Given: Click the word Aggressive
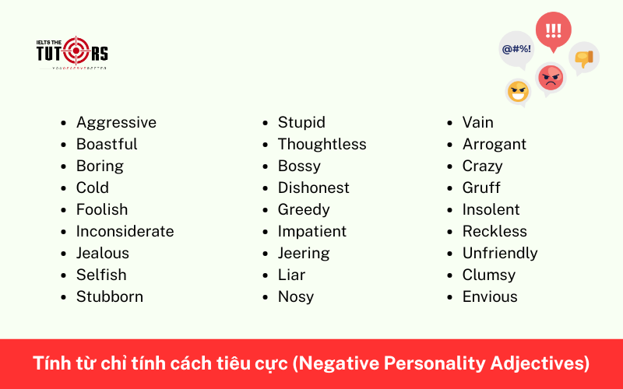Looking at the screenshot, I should click(x=116, y=122).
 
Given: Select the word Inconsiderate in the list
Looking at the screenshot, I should click(x=125, y=231).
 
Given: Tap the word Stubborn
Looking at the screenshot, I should click(x=109, y=296).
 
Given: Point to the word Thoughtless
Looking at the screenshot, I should click(x=322, y=144).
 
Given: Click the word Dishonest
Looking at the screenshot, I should click(x=313, y=187).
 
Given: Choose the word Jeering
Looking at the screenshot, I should click(x=304, y=253).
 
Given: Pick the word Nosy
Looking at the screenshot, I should click(x=296, y=296).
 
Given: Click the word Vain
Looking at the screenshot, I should click(x=477, y=122).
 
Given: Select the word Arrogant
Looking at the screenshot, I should click(x=494, y=144).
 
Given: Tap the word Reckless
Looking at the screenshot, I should click(x=495, y=231).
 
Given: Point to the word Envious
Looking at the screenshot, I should click(x=490, y=296).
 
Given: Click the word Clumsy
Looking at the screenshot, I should click(x=489, y=275).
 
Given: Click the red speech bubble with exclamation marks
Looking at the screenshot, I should click(x=553, y=31).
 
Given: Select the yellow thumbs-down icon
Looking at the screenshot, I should click(x=584, y=57).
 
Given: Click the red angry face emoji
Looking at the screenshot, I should click(x=551, y=76).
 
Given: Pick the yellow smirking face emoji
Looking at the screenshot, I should click(x=518, y=92).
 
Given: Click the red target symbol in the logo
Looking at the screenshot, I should click(x=76, y=51).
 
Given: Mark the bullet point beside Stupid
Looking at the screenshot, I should click(x=266, y=123).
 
